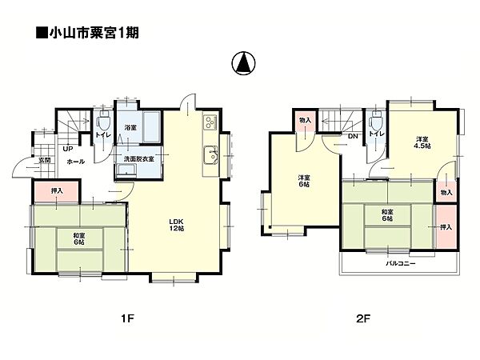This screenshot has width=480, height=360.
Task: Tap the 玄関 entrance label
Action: [x=46, y=160]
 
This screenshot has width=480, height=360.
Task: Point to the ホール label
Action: [x=76, y=161]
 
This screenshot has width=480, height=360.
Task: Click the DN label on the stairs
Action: [x=352, y=136]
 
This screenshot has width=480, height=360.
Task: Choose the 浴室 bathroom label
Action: [x=130, y=126]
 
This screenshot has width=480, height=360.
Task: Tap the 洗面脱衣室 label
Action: [x=138, y=158]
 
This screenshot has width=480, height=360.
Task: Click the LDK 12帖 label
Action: [x=176, y=225]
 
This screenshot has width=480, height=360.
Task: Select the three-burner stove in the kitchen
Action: [x=210, y=122]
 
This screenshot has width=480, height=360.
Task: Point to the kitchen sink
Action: [x=210, y=154]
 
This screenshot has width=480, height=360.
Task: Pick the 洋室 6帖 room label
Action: [x=305, y=181]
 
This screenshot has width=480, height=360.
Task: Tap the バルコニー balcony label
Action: [x=400, y=262]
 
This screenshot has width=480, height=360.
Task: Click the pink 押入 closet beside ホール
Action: [x=56, y=191]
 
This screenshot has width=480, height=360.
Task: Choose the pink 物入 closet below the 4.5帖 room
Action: [x=446, y=192]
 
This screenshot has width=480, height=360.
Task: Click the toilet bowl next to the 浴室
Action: [x=102, y=126]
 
